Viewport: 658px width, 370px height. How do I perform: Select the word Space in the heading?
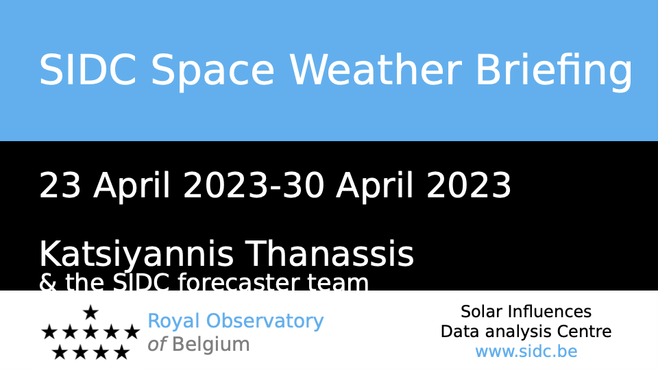212,72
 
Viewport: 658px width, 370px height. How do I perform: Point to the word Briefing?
554,72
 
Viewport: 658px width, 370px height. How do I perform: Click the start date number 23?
60,185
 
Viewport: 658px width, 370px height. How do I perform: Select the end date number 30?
304,185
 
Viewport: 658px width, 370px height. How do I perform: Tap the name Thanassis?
330,254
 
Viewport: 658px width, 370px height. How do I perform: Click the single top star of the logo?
90,312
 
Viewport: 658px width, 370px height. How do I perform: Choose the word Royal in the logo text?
173,322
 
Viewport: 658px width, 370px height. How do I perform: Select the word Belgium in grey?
211,345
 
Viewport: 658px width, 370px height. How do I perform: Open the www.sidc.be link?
526,351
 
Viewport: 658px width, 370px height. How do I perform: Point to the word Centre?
584,332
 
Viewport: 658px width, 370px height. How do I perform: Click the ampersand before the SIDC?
48,282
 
